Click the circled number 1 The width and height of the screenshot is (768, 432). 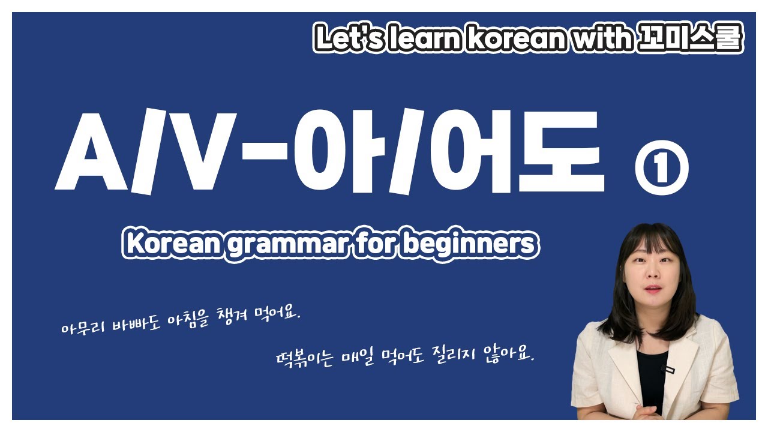point(661,170)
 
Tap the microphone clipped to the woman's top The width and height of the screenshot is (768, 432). point(664,367)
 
